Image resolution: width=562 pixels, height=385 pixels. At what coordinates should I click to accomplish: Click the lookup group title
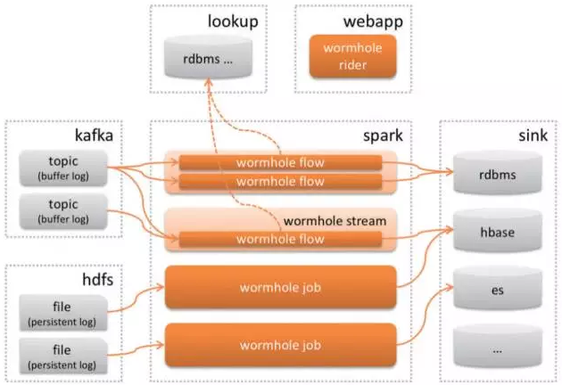[x=233, y=21]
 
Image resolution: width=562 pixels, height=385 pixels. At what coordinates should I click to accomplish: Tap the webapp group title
[x=373, y=21]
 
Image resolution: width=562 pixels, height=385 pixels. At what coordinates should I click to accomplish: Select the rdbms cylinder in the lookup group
[x=208, y=57]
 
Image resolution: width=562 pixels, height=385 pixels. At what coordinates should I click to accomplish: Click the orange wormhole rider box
[x=352, y=56]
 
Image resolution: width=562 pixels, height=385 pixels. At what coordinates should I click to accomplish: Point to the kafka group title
[x=94, y=135]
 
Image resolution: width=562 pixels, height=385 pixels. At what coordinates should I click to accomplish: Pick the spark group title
[x=384, y=135]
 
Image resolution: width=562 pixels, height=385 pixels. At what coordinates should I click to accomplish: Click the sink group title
[x=533, y=135]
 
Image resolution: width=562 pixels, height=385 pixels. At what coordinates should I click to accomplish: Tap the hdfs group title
[x=98, y=279]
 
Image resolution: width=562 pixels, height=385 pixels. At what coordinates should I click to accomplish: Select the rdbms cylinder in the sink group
[x=498, y=173]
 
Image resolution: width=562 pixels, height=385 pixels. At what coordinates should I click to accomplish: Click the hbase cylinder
[x=498, y=230]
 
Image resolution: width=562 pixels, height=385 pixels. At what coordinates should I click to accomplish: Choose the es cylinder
[x=498, y=288]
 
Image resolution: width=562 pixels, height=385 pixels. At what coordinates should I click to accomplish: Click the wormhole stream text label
[x=335, y=221]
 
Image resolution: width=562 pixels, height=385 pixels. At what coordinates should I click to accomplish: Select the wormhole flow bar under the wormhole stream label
[x=280, y=239]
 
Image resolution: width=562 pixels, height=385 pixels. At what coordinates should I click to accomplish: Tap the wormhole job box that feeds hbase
[x=281, y=287]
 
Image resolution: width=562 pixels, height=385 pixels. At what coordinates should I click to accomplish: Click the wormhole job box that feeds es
[x=281, y=345]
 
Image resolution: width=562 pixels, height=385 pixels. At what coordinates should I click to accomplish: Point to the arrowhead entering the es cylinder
[x=450, y=286]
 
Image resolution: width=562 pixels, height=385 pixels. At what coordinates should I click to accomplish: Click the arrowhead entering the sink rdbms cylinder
[x=450, y=172]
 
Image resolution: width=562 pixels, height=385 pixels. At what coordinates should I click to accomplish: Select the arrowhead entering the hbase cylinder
[x=450, y=229]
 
